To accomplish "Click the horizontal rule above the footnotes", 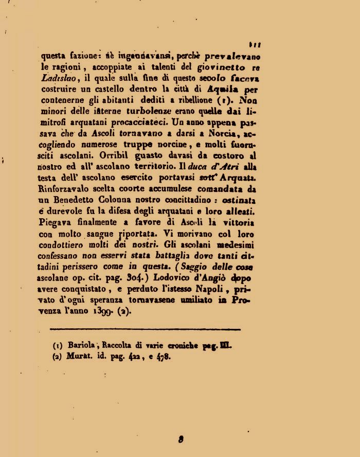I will [x=145, y=329].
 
